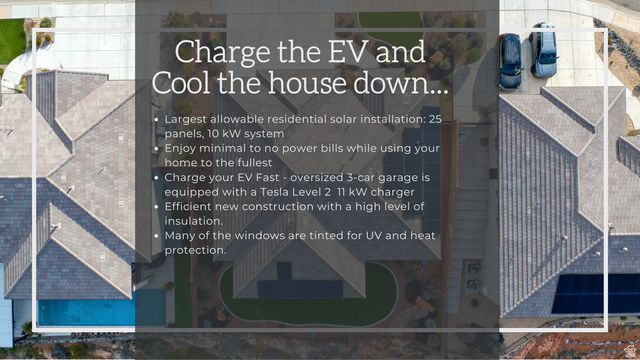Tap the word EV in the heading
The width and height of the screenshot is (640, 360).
point(334,52)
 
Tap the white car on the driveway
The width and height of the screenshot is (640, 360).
point(544,50)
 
